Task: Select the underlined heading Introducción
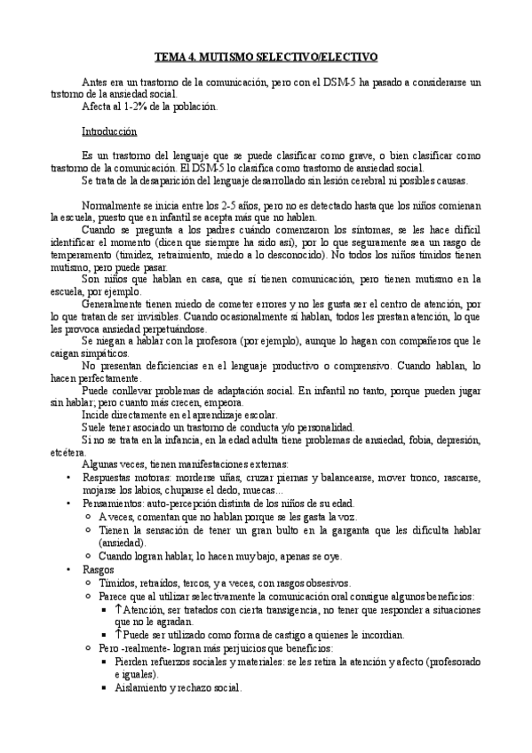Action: pyautogui.click(x=109, y=131)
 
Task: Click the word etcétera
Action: pyautogui.click(x=69, y=451)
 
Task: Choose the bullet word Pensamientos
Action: pyautogui.click(x=113, y=502)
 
